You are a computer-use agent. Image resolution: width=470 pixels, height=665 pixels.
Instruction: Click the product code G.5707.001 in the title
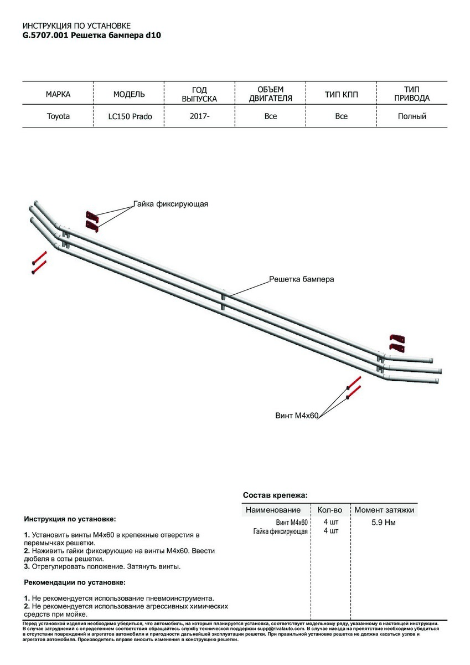(x=46, y=34)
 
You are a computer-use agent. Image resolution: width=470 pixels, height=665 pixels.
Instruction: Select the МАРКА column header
(x=58, y=94)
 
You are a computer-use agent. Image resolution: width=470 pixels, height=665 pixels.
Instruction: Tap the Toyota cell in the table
(x=58, y=117)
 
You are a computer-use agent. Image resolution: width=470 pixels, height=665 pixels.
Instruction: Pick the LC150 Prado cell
(x=130, y=117)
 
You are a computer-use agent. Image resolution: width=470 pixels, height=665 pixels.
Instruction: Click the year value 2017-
(x=200, y=116)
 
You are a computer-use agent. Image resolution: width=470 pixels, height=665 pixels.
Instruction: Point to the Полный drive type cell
(x=412, y=116)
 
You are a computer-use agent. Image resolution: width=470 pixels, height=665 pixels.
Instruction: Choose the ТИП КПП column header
(x=342, y=94)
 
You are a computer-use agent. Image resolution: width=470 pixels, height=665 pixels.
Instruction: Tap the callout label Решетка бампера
(x=301, y=279)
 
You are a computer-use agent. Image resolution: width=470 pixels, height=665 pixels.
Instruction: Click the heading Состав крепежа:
(x=275, y=495)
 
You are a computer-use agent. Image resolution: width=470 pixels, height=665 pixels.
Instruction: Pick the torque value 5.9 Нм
(x=384, y=522)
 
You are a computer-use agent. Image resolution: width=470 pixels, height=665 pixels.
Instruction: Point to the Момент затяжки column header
(x=384, y=510)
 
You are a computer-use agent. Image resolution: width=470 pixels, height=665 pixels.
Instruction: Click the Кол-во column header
(x=330, y=510)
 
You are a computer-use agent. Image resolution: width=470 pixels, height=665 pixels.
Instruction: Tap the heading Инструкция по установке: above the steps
(x=70, y=519)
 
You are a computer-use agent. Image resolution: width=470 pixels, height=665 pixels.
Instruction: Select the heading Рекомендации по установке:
(x=75, y=582)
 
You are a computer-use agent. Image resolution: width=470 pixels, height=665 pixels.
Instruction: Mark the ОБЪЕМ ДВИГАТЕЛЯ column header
(x=271, y=94)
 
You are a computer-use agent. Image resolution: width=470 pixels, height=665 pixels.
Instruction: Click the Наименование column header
(x=273, y=510)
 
